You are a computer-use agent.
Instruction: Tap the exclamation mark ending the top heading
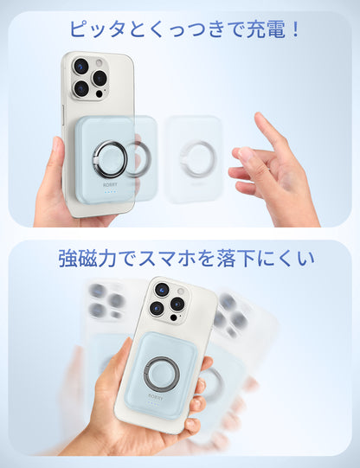[294, 29]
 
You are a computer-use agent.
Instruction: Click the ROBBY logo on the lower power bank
[155, 398]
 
